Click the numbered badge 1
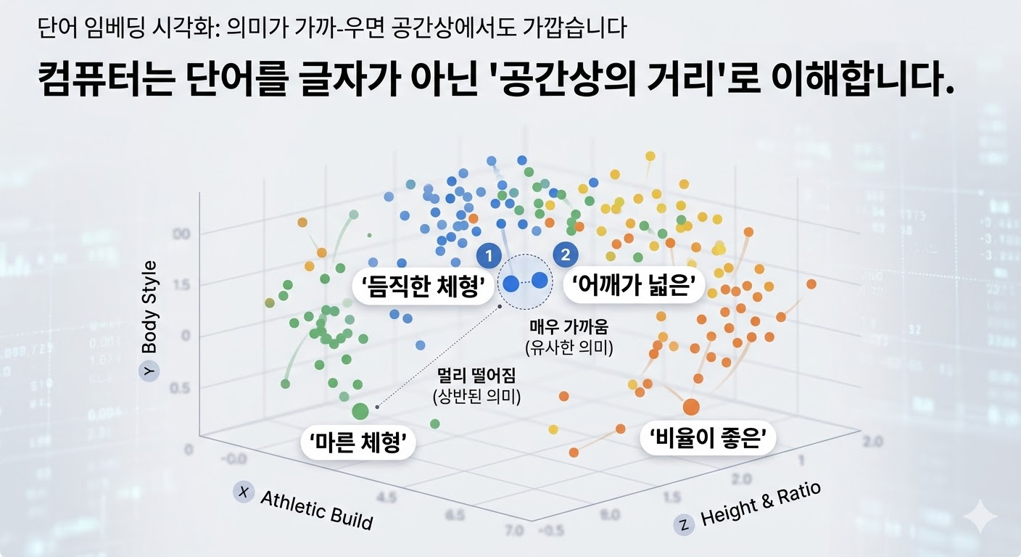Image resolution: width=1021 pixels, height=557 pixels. click(x=489, y=255)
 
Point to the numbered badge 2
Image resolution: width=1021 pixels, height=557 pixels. click(x=565, y=255)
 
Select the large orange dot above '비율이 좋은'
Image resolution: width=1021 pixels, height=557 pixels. click(x=690, y=407)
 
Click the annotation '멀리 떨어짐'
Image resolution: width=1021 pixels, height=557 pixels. click(x=476, y=377)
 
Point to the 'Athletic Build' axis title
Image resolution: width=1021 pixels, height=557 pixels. click(x=315, y=509)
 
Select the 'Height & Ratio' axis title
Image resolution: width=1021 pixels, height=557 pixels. click(x=760, y=503)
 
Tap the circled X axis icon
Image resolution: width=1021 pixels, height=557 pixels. click(x=243, y=492)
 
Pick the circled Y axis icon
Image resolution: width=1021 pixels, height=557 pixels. click(x=149, y=370)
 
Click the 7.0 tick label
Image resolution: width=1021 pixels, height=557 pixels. click(x=513, y=532)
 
